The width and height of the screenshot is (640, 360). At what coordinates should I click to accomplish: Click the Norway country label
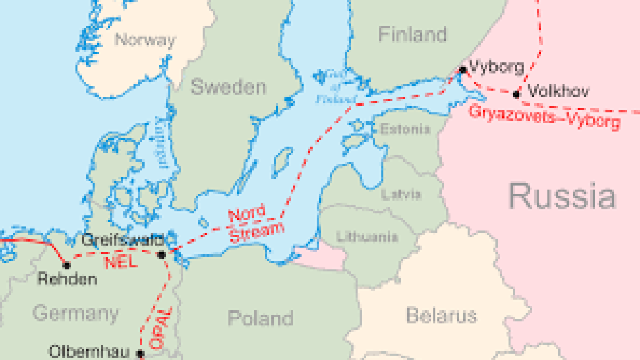click(x=145, y=40)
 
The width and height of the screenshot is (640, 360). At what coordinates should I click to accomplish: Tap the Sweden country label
click(x=228, y=87)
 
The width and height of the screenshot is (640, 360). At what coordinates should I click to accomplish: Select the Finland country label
click(x=412, y=35)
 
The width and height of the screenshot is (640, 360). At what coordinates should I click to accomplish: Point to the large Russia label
click(x=562, y=196)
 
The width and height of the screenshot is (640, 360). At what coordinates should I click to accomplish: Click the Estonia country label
click(x=405, y=129)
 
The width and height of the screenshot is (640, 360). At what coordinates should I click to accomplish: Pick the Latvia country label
click(x=401, y=194)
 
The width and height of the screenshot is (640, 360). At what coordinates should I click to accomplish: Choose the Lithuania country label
click(x=367, y=236)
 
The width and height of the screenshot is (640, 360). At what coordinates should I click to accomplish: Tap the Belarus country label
click(x=441, y=315)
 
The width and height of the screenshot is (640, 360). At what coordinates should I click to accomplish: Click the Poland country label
click(x=260, y=318)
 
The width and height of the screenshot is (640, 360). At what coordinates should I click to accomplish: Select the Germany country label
click(x=75, y=313)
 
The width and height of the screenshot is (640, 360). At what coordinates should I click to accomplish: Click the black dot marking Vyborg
click(x=462, y=70)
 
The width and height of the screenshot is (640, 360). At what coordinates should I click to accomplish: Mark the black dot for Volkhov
click(x=516, y=94)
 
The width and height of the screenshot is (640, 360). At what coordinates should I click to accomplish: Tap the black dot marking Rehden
click(x=67, y=265)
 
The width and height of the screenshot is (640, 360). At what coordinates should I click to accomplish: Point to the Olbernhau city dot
click(x=140, y=353)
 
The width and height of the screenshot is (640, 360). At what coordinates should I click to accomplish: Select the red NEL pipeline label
click(x=120, y=262)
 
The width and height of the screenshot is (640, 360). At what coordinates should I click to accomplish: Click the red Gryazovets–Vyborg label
click(x=545, y=117)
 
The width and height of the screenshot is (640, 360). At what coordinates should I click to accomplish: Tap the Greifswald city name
click(x=122, y=241)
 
